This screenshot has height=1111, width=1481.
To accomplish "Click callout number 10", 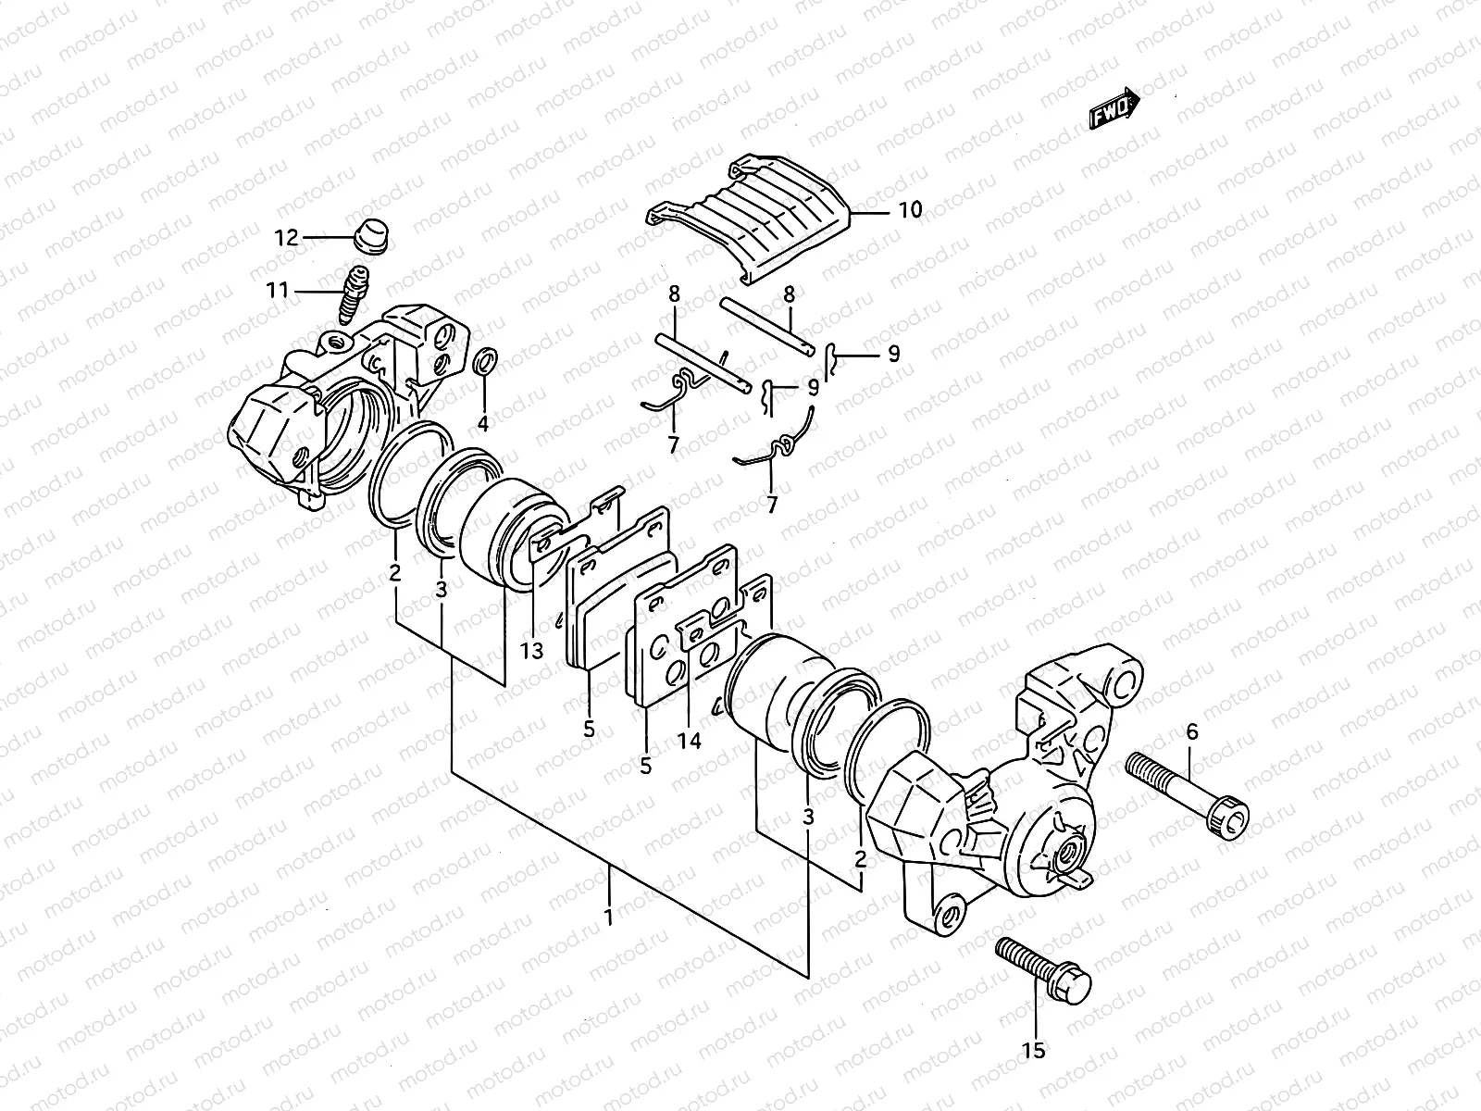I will tap(910, 210).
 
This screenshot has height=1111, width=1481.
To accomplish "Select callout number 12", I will tap(286, 238).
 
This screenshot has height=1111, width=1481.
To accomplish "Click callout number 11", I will tap(278, 291).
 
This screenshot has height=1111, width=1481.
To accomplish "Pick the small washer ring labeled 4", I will tap(483, 363).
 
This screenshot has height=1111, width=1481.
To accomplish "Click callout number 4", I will tap(482, 424).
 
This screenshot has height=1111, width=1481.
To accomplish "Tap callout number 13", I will tap(531, 652).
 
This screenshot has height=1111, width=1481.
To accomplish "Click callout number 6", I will tap(1191, 731).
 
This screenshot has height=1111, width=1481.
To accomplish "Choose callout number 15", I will tap(1033, 1050).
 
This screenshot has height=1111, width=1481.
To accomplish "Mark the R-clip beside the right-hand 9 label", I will tap(833, 356).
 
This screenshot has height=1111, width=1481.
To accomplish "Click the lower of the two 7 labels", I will tap(771, 505).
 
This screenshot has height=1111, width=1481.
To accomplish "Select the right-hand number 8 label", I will tap(789, 295).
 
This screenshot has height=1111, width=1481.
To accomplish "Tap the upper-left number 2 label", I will tap(395, 573).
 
